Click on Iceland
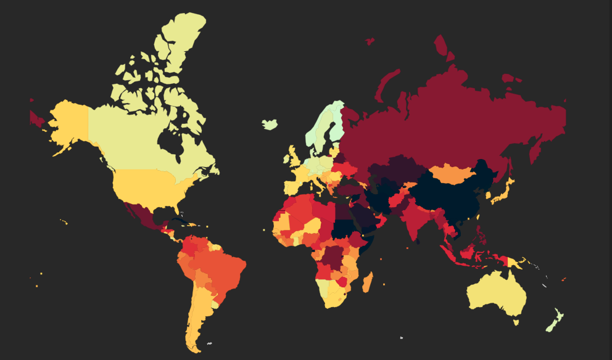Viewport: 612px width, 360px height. [x=270, y=124]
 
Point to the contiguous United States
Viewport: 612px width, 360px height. [x=148, y=185]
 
